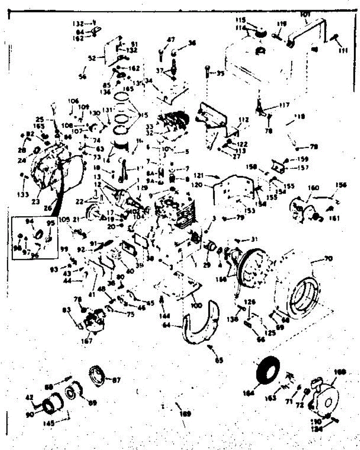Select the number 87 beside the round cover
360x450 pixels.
pos(116,380)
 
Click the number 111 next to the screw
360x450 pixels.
pos(343,50)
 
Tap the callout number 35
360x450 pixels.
pos(220,73)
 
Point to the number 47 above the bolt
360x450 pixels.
pos(171,39)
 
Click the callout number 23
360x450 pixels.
pos(36,201)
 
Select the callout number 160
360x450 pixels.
pos(313,187)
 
